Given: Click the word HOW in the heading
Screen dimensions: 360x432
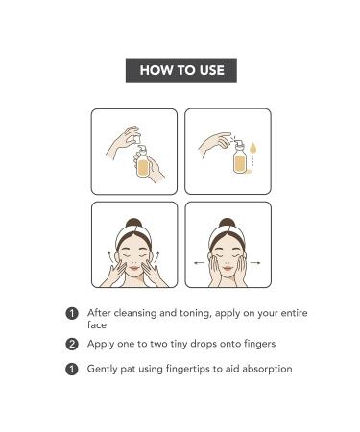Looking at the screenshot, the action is click(x=156, y=70).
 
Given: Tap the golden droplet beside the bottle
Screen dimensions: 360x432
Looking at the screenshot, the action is click(x=252, y=148).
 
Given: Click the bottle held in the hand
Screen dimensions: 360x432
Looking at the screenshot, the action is click(x=142, y=161).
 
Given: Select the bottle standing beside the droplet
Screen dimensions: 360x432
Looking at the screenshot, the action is click(x=239, y=156).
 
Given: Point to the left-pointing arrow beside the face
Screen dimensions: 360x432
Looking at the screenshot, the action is click(x=199, y=263).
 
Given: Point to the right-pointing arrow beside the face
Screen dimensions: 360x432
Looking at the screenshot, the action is click(x=255, y=263).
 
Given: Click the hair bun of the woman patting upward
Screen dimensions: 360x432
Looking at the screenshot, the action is click(x=133, y=223).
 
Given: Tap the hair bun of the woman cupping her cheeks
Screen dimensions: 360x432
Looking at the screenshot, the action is click(x=227, y=223).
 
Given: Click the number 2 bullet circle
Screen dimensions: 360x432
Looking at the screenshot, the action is click(x=72, y=344).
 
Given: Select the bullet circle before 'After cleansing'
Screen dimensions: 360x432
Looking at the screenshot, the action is click(x=72, y=313).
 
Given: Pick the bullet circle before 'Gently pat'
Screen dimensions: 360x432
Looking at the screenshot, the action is click(x=72, y=369).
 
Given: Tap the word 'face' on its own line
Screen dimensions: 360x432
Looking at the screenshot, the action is click(x=97, y=324).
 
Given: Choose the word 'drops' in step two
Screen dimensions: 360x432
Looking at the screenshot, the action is click(x=204, y=344).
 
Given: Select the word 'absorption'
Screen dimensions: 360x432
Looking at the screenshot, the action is click(x=267, y=369).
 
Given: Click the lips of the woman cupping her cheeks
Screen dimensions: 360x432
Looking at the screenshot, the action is click(x=228, y=268).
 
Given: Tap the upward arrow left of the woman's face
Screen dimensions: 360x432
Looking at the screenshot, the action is click(x=109, y=257).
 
